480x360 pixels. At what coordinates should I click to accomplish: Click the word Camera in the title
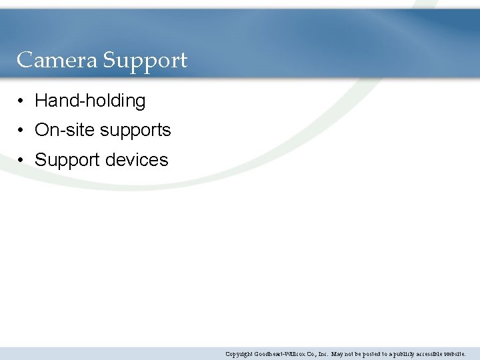[57, 61]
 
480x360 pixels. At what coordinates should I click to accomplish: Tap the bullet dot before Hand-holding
[22, 101]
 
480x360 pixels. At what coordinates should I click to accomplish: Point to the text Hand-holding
[90, 101]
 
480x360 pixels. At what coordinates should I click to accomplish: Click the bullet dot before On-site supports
[22, 131]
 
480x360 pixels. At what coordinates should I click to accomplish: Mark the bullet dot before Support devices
[22, 161]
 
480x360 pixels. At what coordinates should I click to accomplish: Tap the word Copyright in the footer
[239, 354]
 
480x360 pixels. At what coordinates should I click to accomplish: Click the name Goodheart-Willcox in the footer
[283, 354]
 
